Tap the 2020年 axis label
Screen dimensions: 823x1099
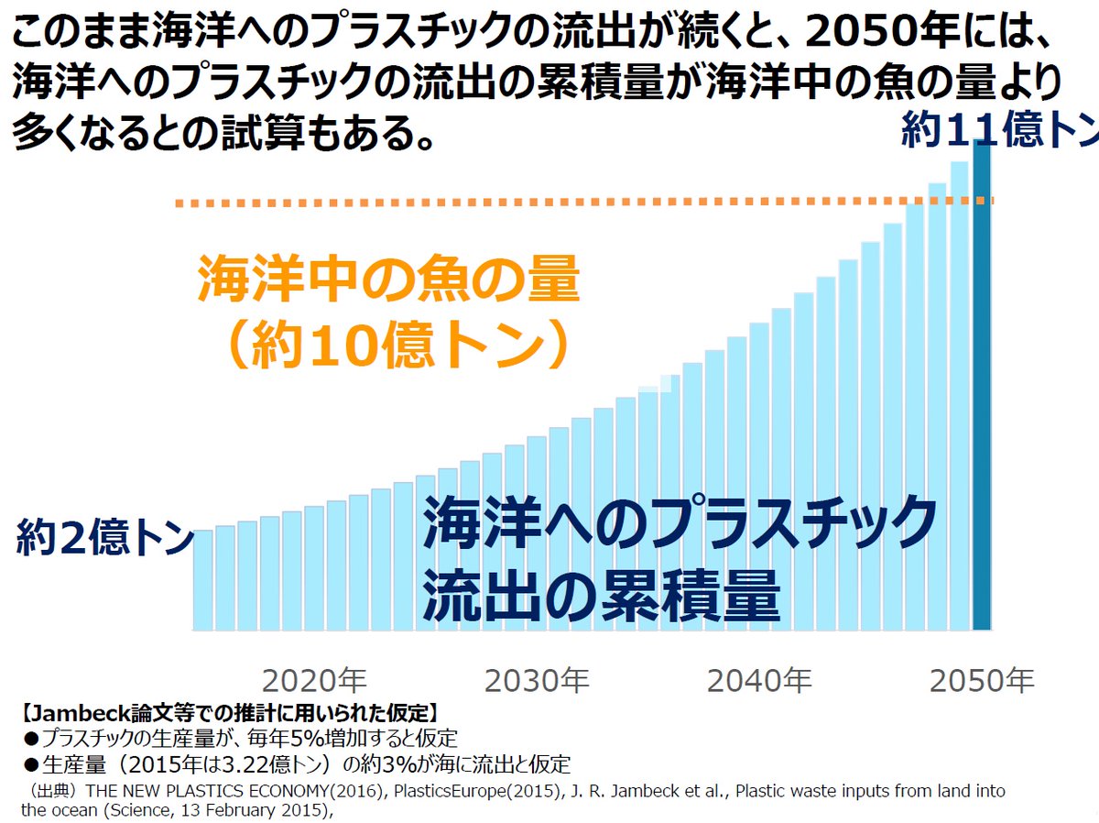314,681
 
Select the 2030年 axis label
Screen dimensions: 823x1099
537,681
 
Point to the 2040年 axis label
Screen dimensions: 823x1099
759,681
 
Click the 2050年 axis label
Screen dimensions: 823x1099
982,681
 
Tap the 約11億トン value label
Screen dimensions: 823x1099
998,130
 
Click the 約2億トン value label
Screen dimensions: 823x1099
103,538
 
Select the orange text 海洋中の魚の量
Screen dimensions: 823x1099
388,280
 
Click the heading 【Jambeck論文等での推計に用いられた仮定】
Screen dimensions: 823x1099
228,711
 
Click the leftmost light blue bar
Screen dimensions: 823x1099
202,579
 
